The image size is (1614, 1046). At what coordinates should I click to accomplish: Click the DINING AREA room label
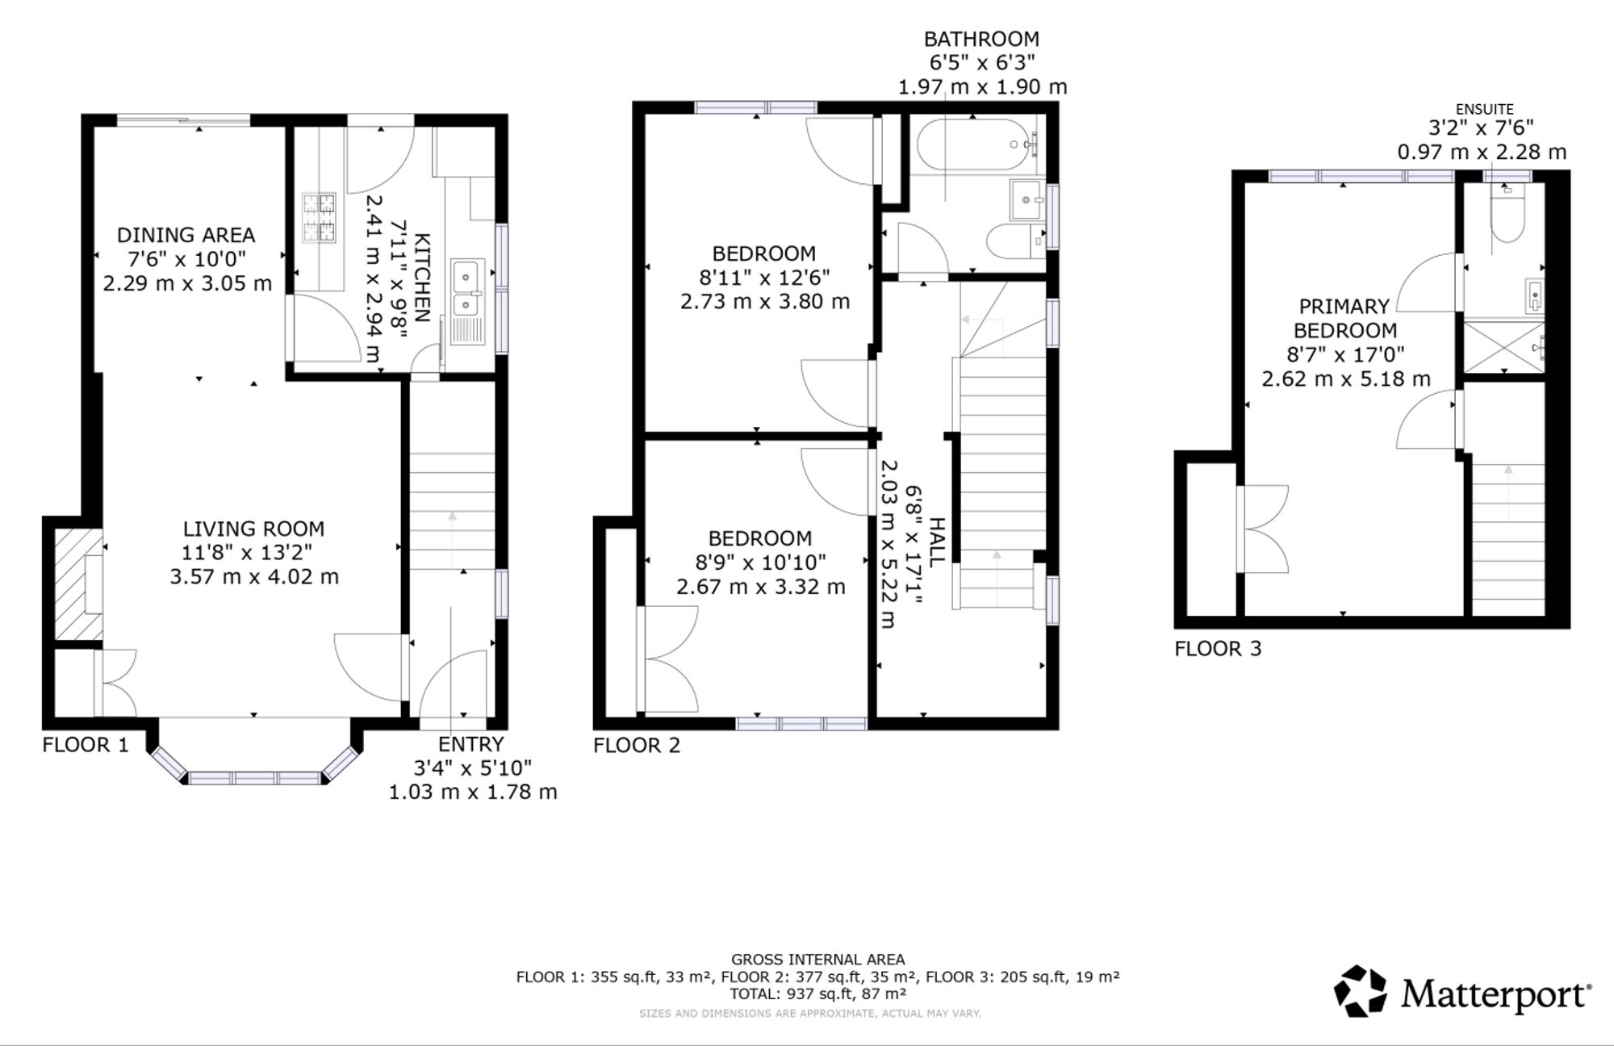(186, 235)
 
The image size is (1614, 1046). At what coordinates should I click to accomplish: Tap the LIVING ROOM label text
(253, 529)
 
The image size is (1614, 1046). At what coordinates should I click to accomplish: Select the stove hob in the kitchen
(319, 218)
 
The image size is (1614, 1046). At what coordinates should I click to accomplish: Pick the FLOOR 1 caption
(86, 744)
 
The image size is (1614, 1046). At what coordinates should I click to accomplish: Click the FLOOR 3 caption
(1218, 648)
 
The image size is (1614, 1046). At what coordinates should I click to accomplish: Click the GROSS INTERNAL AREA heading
(817, 960)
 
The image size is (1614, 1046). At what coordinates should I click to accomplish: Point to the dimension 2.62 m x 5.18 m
(1346, 379)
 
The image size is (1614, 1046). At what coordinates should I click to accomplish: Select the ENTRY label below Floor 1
(471, 744)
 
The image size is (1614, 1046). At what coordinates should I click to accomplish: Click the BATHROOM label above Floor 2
(981, 39)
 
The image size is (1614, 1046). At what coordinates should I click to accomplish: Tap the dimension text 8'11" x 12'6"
(764, 278)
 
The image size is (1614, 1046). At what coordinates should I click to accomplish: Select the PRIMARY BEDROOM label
(1344, 318)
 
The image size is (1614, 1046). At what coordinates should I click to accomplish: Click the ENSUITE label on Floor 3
(1484, 109)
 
